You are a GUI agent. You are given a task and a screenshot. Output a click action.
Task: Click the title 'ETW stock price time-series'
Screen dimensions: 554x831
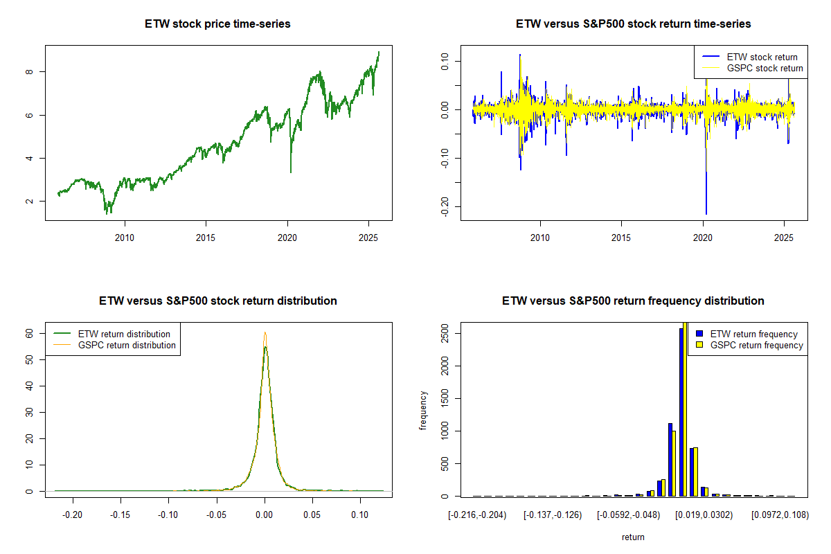pos(217,24)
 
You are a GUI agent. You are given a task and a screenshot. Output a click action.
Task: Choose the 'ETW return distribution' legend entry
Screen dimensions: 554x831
pos(124,334)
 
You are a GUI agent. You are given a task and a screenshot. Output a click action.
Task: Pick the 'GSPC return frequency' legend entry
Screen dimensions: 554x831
pos(756,345)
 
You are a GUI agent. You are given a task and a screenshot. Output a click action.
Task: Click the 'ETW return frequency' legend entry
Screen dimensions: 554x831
pos(753,334)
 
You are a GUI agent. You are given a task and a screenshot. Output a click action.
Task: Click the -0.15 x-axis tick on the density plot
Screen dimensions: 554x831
pos(120,515)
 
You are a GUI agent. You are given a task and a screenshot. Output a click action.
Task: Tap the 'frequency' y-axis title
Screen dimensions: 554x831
pos(424,411)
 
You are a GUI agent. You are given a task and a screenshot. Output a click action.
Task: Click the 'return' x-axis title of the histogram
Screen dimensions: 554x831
pos(633,537)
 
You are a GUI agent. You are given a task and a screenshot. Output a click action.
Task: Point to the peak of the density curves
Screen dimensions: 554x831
pos(265,333)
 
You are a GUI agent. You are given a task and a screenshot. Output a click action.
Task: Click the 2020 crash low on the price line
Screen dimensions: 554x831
pos(291,172)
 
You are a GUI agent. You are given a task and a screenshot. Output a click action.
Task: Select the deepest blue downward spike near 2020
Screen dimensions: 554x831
pos(706,214)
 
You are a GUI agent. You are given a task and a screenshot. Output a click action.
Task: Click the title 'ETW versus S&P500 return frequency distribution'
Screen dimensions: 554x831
pos(633,301)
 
